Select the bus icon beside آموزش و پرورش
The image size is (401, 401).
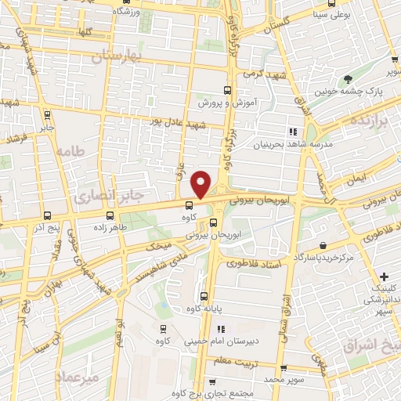coord(227,90)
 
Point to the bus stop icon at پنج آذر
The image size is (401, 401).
coord(47,215)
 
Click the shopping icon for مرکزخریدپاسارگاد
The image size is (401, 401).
coord(323,244)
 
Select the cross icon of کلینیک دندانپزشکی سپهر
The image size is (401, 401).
coord(384,276)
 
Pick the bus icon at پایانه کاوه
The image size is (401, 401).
coord(204,296)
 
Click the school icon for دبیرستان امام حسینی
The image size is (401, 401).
coord(220,330)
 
